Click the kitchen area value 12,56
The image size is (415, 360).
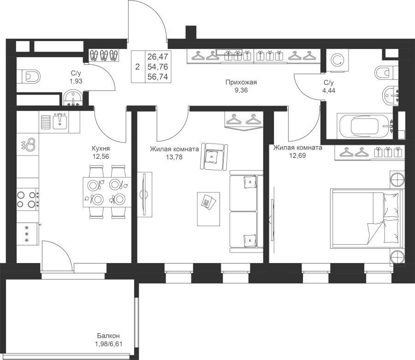pos(101,156)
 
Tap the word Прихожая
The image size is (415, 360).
pos(241,82)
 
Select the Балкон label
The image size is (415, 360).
pos(108,336)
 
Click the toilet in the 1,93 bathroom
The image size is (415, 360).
pos(29,77)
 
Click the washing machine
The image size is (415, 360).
pos(337,60)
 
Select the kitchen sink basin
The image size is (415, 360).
pos(60,121)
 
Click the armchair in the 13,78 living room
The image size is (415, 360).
pos(214,157)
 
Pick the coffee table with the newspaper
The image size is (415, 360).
pos(208,209)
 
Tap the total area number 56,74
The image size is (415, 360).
pos(158,77)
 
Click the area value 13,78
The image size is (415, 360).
pos(174,157)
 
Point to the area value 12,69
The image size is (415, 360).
pos(297,156)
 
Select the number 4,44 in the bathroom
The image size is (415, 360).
pos(329,90)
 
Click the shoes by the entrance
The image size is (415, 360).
pos(104,55)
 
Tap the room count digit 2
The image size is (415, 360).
pos(137,67)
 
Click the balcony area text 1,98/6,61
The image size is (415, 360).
pos(108,344)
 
